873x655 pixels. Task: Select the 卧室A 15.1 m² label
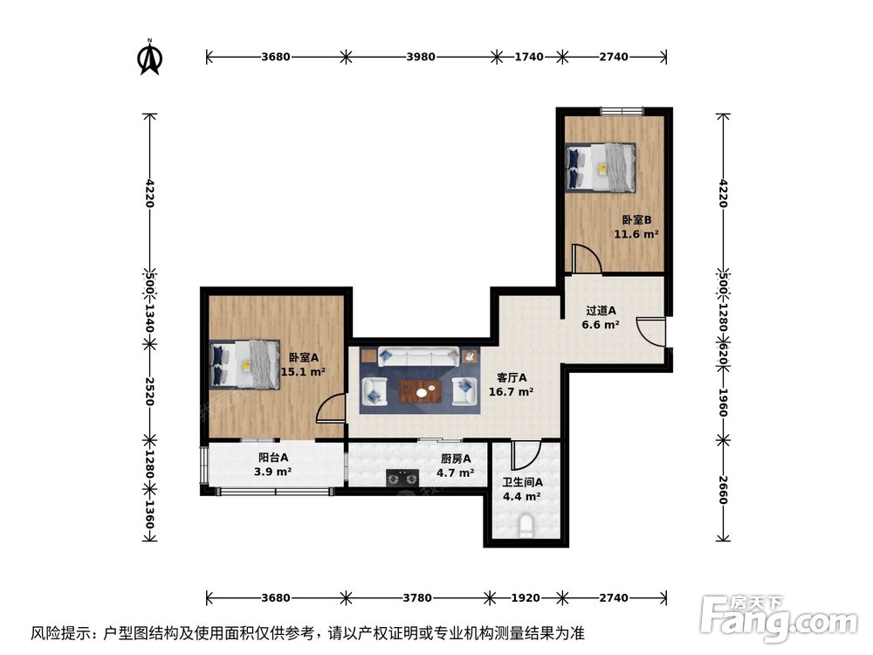[303, 364]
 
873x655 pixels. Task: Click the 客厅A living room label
[512, 385]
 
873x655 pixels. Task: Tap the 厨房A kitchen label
[456, 465]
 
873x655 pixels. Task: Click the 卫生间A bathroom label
[522, 489]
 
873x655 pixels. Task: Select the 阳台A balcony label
[272, 464]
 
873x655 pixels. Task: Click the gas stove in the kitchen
[403, 477]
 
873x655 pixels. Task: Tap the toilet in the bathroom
[526, 527]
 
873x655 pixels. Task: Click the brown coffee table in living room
[421, 392]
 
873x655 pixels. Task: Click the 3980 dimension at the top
[421, 57]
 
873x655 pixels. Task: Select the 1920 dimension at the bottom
[526, 598]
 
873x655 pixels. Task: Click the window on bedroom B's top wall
[622, 110]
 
